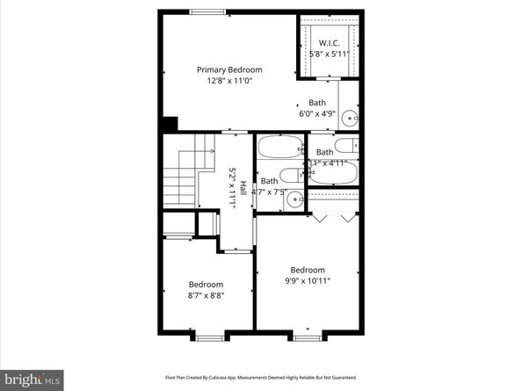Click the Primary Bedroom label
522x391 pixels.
point(228,70)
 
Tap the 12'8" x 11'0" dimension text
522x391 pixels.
point(228,81)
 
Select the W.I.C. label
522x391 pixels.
point(330,43)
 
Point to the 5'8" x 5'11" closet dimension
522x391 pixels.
point(330,54)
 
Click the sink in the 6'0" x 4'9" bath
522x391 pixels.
point(349,115)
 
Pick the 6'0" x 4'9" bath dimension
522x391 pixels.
point(317,113)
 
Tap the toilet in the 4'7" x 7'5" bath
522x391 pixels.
point(289,176)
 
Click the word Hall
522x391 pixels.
point(243,187)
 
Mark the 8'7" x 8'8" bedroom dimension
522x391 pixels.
point(207,295)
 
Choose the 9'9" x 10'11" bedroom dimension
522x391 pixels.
point(308,281)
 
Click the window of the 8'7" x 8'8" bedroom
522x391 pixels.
point(208,337)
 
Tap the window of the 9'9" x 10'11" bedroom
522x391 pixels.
point(306,337)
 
